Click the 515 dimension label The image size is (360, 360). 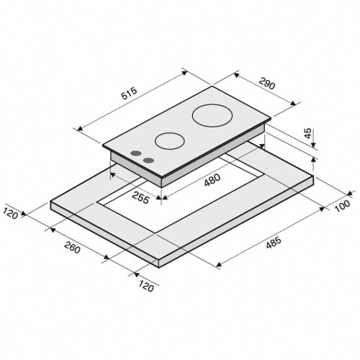tap(129, 93)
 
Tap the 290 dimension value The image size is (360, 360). tap(266, 84)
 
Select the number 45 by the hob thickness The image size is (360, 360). tap(308, 133)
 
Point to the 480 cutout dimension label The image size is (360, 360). tap(212, 180)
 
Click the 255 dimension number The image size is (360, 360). tap(140, 198)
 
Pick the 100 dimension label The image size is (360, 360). tap(343, 206)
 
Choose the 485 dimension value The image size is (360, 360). tap(274, 243)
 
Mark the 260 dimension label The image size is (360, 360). tap(72, 248)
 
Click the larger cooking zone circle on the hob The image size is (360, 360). tap(212, 115)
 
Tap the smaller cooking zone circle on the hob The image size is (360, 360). tap(170, 141)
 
